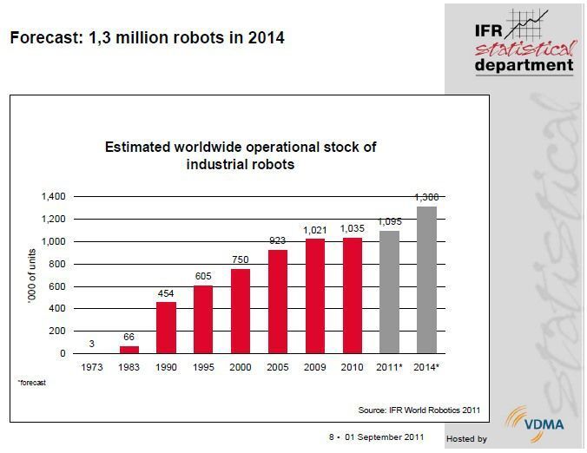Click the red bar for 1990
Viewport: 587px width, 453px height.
pos(166,327)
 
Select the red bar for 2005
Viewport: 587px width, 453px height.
pos(278,301)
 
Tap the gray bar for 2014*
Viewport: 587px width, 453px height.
pos(426,279)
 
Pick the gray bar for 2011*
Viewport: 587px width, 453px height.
pos(389,292)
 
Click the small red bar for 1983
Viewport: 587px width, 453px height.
pos(129,350)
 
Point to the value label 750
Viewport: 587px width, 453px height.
pos(241,259)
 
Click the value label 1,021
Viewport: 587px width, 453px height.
pos(314,230)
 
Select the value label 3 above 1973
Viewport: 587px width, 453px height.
pos(91,344)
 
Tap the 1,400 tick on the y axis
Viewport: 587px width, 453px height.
pos(53,197)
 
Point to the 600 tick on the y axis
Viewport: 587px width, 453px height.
pos(57,286)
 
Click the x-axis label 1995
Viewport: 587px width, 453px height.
pos(203,366)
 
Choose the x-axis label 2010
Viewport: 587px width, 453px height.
pos(352,366)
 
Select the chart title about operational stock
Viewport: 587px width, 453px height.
pos(240,155)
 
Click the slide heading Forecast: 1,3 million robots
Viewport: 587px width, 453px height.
pos(146,38)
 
